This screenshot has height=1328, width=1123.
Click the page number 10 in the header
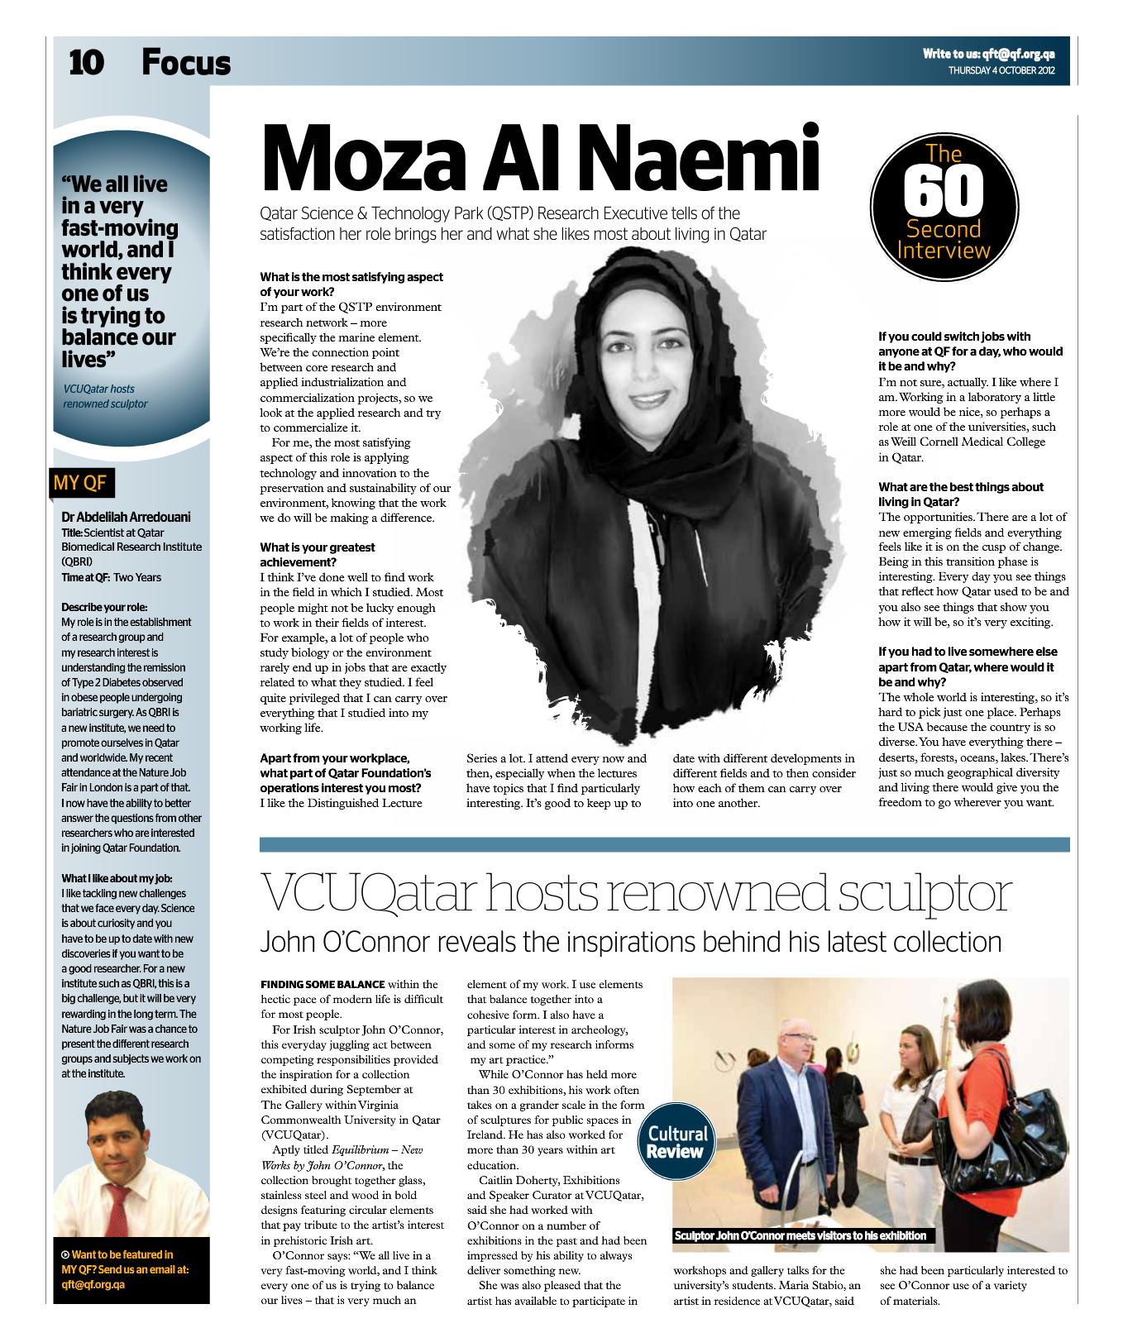coord(86,63)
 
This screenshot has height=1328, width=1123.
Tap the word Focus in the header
coord(186,63)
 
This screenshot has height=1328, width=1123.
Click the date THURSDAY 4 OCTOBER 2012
coord(1001,71)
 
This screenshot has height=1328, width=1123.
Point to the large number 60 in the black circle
coord(944,192)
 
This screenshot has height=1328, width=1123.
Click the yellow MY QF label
coord(79,483)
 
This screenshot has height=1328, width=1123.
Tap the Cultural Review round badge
coord(676,1142)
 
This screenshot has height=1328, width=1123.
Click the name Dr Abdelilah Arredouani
coord(126,517)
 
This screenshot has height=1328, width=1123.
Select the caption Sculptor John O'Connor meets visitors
coord(800,1235)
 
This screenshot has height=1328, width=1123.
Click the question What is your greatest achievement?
coord(317,554)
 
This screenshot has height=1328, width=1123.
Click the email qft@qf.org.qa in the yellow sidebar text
coord(93,1284)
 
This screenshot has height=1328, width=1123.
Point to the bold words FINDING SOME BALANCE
coord(323,984)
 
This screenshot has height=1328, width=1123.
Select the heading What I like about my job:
coord(117,878)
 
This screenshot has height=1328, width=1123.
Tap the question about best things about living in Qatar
coord(960,494)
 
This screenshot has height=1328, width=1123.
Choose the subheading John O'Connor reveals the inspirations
coord(630,942)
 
